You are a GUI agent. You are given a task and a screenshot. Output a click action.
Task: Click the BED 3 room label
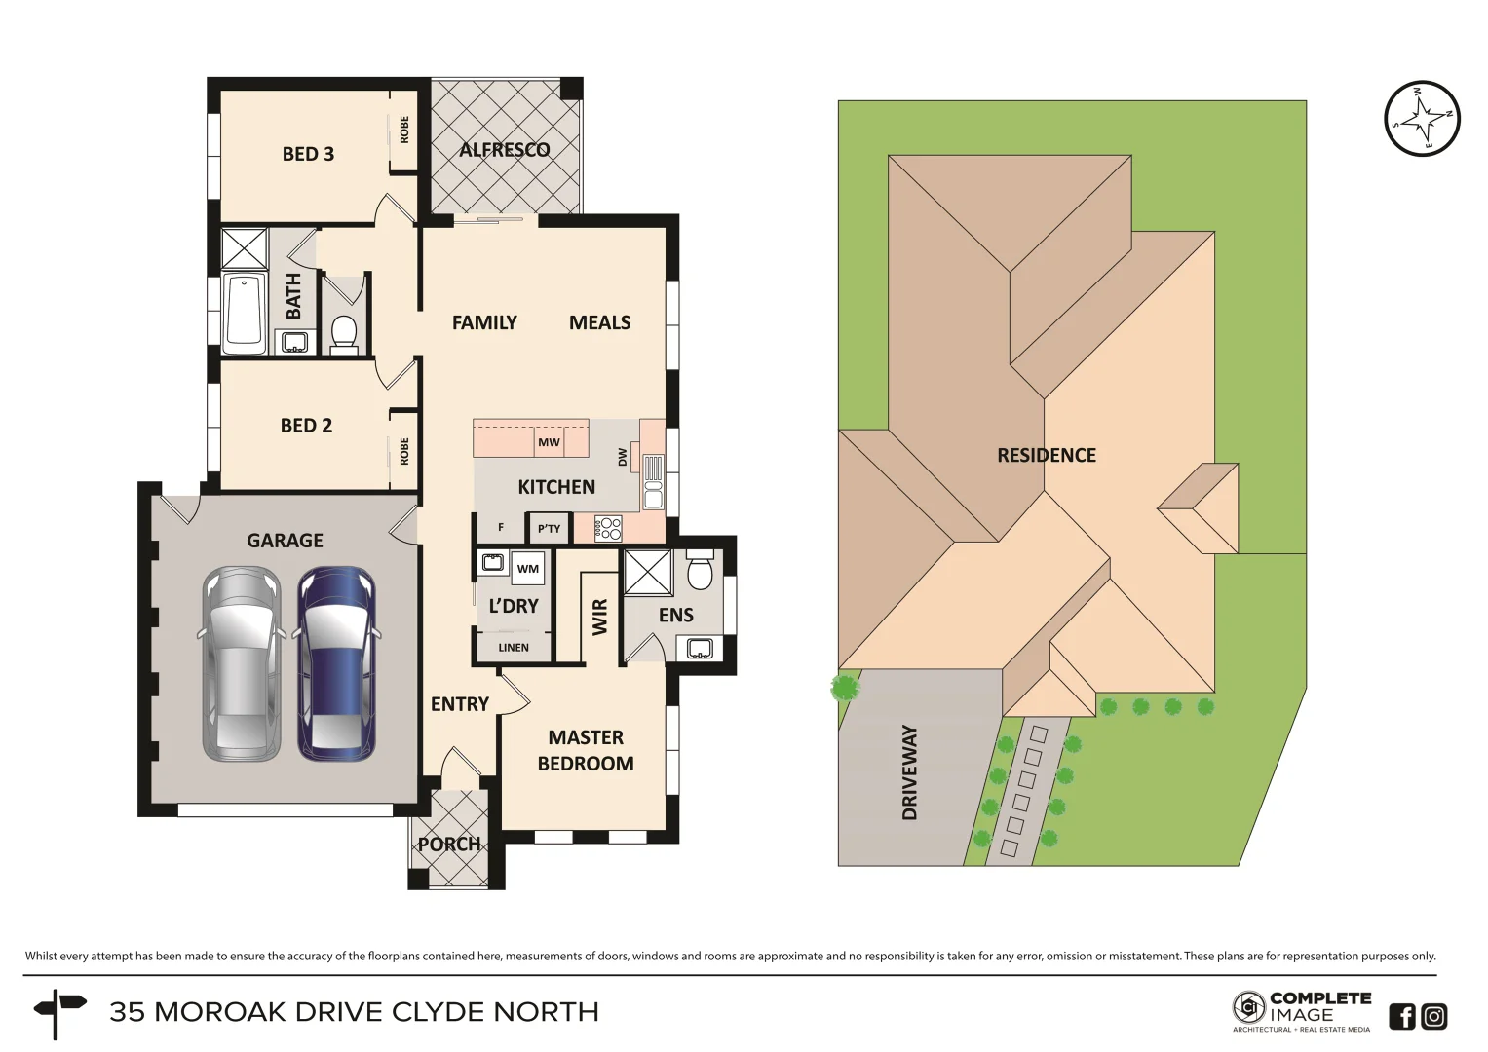(308, 154)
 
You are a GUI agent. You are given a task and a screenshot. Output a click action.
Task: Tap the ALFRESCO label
(505, 150)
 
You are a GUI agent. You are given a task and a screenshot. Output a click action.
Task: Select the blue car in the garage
(335, 663)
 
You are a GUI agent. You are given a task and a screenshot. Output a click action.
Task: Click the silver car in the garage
(241, 663)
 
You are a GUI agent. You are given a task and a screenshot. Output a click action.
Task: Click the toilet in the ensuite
(700, 571)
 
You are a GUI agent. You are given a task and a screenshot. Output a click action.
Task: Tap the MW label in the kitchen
(549, 442)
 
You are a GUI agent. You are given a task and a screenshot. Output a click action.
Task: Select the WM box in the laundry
(527, 569)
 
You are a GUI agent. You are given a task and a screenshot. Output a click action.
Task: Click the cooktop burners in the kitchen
(608, 529)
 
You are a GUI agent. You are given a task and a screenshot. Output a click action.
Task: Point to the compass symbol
(1422, 118)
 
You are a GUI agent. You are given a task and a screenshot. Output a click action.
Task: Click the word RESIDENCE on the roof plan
(1046, 455)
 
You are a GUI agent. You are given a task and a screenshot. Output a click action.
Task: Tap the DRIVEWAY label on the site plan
(909, 771)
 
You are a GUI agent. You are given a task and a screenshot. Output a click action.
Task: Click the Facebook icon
(1401, 1016)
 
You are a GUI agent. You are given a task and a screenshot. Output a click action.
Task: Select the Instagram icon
(1433, 1016)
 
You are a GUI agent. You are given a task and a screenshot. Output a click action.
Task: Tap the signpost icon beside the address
(57, 1012)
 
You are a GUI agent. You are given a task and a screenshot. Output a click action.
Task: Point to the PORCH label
(448, 845)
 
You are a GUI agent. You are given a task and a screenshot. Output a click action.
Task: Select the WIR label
(599, 617)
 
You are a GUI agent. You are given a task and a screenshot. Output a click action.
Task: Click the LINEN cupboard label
(514, 648)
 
